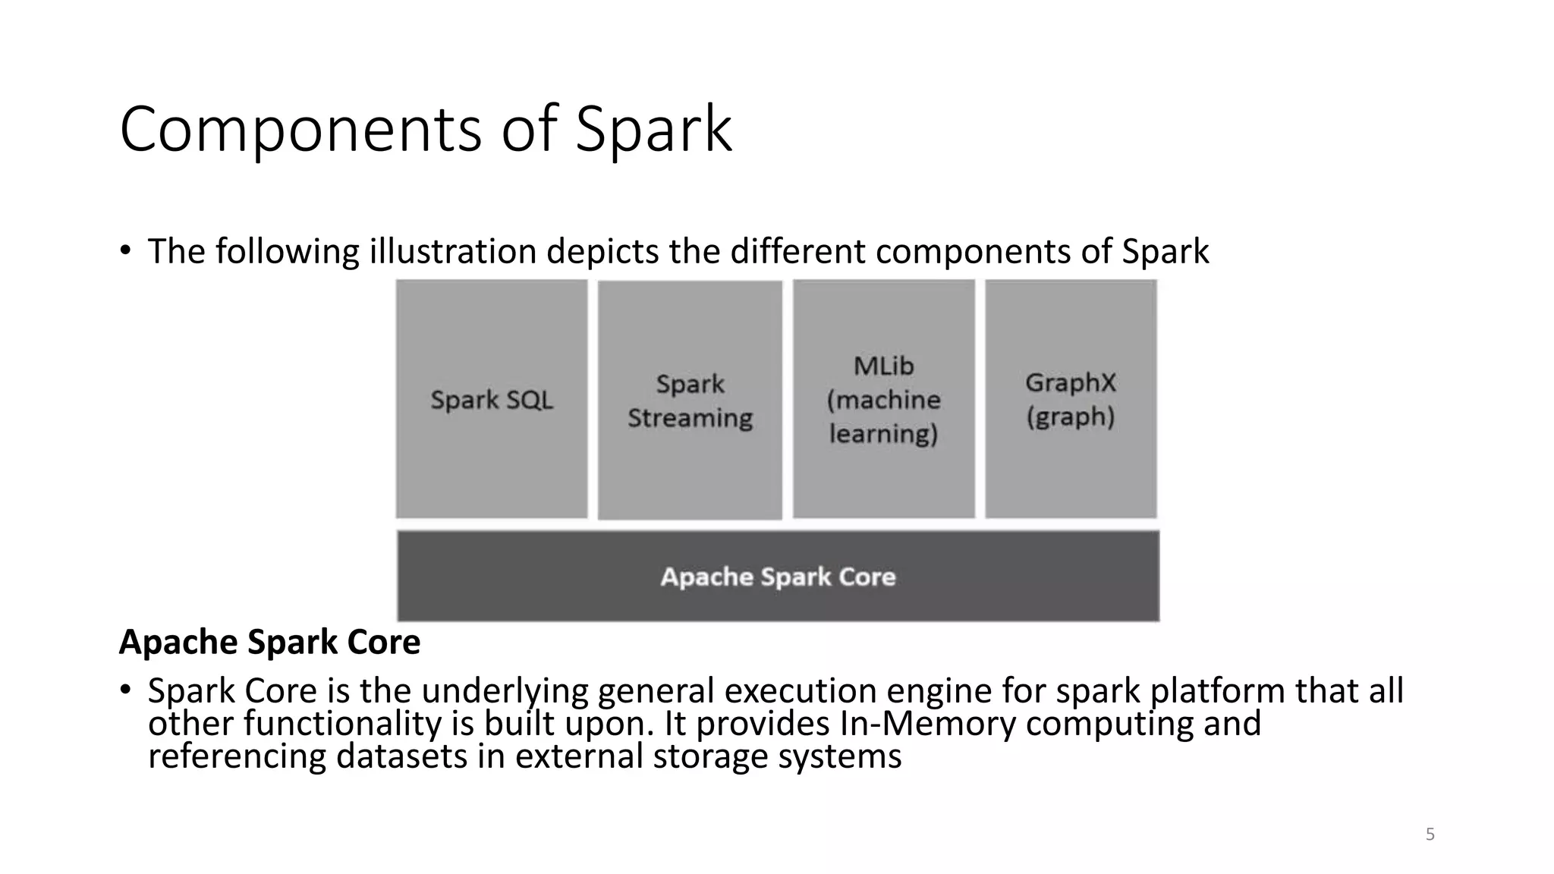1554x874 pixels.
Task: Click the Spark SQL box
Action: pos(492,399)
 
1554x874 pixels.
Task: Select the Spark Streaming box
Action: pos(690,400)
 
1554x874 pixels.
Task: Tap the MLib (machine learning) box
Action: pos(884,399)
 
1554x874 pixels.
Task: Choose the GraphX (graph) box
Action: pos(1071,399)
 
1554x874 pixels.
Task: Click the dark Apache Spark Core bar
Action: pos(778,577)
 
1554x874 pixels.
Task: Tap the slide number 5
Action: pos(1430,835)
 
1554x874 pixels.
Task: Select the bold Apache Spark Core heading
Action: pos(269,643)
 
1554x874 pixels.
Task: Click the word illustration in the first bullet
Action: pos(453,251)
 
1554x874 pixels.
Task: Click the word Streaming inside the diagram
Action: pos(690,418)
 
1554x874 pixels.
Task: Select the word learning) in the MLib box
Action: pos(883,434)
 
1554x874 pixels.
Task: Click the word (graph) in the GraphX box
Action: pos(1071,417)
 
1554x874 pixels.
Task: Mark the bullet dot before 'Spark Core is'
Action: pos(125,690)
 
